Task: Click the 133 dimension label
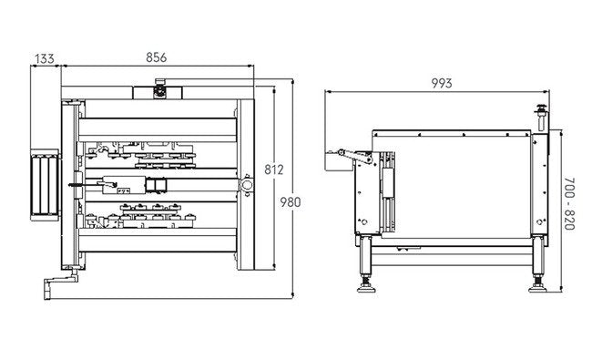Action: coord(45,59)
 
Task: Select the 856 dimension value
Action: coord(157,57)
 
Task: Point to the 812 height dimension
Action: coord(274,170)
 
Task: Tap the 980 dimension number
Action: coord(291,202)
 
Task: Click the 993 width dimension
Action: coord(442,83)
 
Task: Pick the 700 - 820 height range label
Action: coord(569,203)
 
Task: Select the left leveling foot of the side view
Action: coord(366,284)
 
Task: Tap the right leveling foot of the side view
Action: coord(537,284)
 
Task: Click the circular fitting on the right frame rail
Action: coord(247,185)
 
